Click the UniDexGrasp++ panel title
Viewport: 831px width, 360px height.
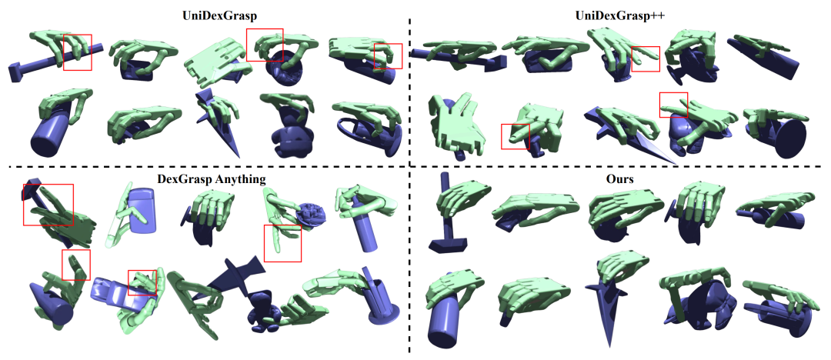[620, 16]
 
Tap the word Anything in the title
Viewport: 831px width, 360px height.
[242, 179]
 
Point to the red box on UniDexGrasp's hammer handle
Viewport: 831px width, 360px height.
[78, 52]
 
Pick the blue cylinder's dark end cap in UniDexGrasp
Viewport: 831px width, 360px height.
[43, 141]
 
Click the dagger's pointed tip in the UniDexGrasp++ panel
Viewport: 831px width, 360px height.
[673, 161]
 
